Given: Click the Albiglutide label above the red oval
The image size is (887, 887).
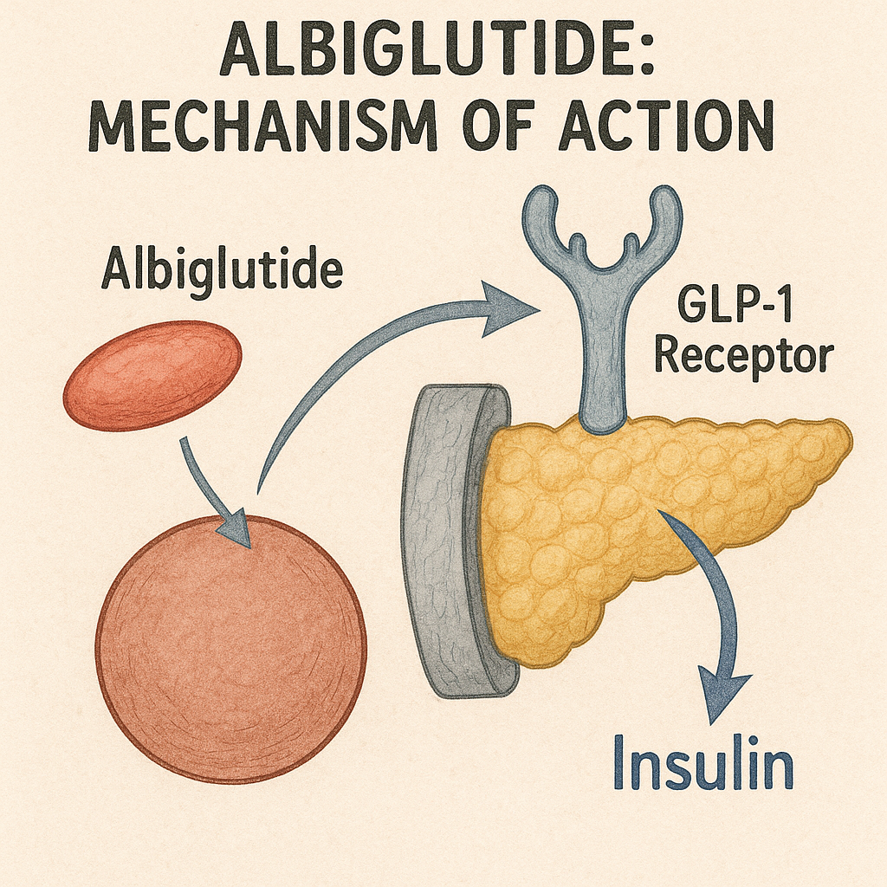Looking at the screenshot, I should pos(222,270).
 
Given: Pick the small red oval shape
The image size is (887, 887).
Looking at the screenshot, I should pos(152,375).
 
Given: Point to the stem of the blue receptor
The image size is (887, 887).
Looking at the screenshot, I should pos(603,364).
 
